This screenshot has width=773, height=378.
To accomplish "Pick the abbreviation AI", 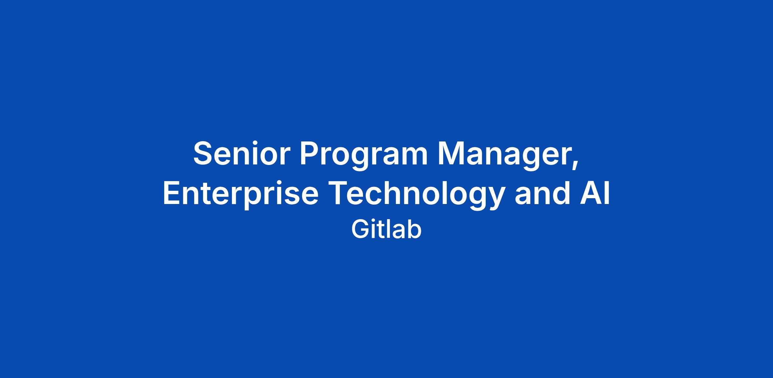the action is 595,192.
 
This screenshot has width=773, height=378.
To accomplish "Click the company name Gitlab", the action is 386,229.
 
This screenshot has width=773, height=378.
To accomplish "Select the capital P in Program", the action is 310,154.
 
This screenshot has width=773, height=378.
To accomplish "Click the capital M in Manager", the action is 451,154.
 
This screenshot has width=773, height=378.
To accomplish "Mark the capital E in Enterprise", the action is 173,192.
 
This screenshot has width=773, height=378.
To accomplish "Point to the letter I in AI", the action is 607,192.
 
